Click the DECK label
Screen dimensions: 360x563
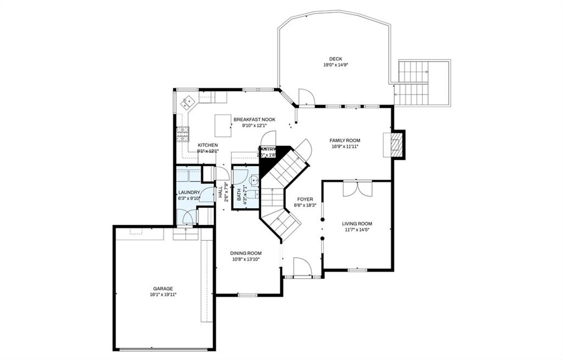(335, 59)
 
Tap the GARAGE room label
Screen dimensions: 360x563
(163, 289)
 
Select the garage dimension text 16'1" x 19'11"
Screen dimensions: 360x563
(163, 295)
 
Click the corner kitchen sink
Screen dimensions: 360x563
(188, 101)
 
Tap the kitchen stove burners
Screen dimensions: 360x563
(183, 134)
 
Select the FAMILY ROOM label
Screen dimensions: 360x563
(345, 141)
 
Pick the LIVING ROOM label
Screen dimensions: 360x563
(357, 224)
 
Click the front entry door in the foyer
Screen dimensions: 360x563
(302, 268)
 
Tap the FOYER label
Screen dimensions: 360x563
(305, 199)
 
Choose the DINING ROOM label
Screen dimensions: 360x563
(245, 253)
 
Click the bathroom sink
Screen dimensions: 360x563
(254, 180)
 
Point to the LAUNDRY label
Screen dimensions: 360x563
(189, 192)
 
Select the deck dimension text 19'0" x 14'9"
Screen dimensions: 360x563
(335, 65)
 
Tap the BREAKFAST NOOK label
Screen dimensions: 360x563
(254, 119)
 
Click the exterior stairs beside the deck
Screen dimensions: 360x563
(412, 82)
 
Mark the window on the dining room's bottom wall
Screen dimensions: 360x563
(247, 295)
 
